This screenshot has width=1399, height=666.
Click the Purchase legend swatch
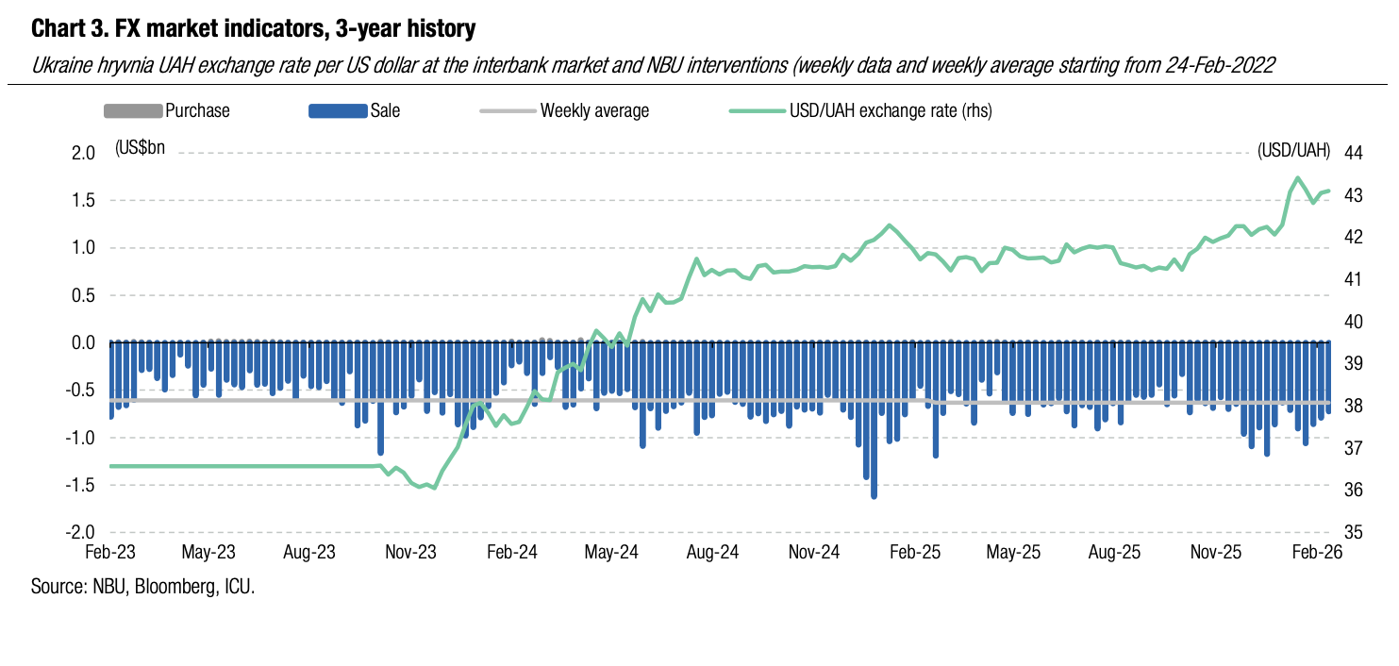[132, 111]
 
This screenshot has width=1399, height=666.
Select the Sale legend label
[385, 111]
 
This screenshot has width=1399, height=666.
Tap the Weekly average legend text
[594, 111]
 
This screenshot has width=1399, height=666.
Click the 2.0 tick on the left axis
[83, 153]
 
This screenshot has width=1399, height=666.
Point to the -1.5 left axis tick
[81, 485]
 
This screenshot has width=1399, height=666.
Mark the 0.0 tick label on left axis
[83, 342]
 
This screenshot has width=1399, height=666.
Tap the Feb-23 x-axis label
[109, 553]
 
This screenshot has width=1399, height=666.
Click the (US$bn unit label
[140, 148]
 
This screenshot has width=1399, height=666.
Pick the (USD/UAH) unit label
[1293, 150]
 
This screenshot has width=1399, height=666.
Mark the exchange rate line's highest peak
[1297, 177]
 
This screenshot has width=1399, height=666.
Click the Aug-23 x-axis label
[311, 553]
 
